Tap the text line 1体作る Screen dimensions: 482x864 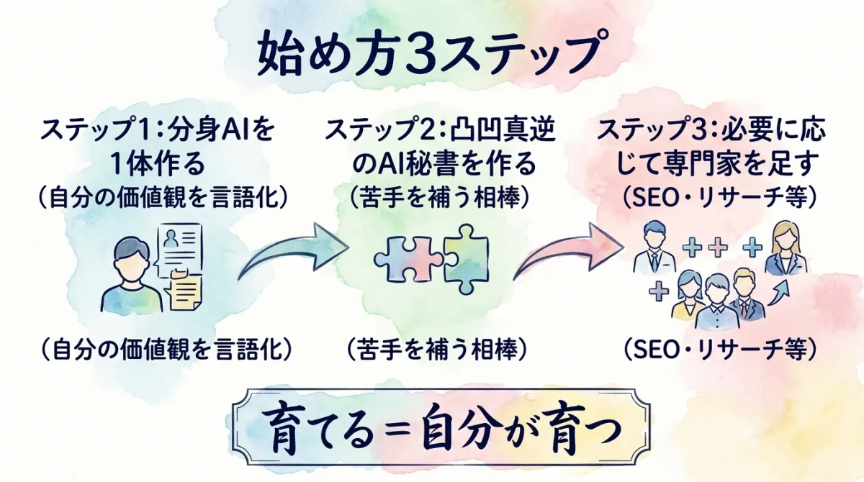158,165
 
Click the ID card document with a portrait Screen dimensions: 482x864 181,248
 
